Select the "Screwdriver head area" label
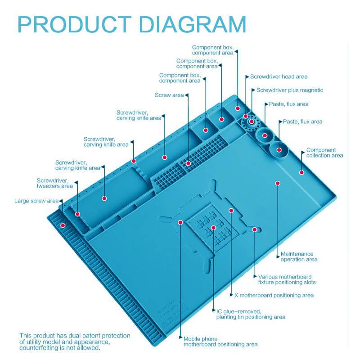point(279,77)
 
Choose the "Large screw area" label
point(36,201)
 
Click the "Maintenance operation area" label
point(299,256)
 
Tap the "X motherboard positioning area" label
point(274,295)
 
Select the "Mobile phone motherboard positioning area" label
point(220,342)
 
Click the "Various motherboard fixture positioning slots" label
point(287,279)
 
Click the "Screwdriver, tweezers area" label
point(54,183)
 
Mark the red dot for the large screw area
point(63,225)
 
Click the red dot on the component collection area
point(301,172)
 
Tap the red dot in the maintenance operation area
point(278,183)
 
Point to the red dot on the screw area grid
point(189,163)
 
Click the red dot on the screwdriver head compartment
point(238,108)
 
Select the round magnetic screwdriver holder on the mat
point(250,121)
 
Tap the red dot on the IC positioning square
point(214,228)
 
